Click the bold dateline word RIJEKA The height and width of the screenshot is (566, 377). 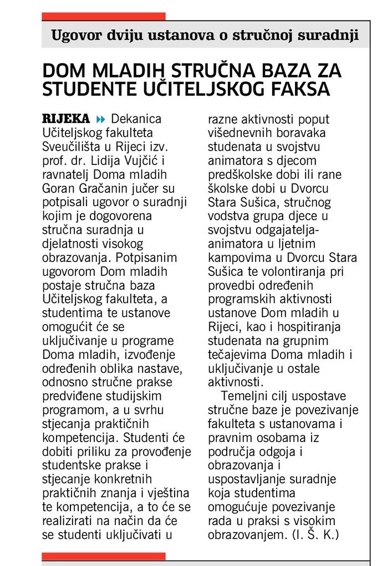coord(66,119)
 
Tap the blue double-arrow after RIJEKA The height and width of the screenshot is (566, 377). coord(100,119)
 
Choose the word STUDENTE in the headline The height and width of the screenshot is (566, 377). coord(79,89)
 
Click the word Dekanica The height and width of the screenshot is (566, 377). coord(136,119)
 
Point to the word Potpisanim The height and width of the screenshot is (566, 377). coord(161,257)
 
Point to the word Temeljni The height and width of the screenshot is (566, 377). coord(243,396)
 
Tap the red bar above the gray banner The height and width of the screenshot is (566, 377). coord(104,17)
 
